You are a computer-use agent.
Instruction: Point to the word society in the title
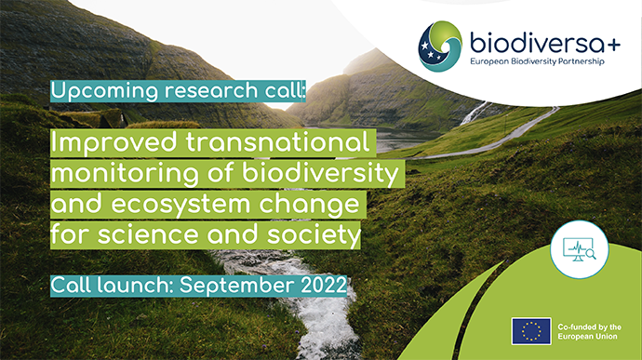312,235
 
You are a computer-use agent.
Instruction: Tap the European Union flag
531,330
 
